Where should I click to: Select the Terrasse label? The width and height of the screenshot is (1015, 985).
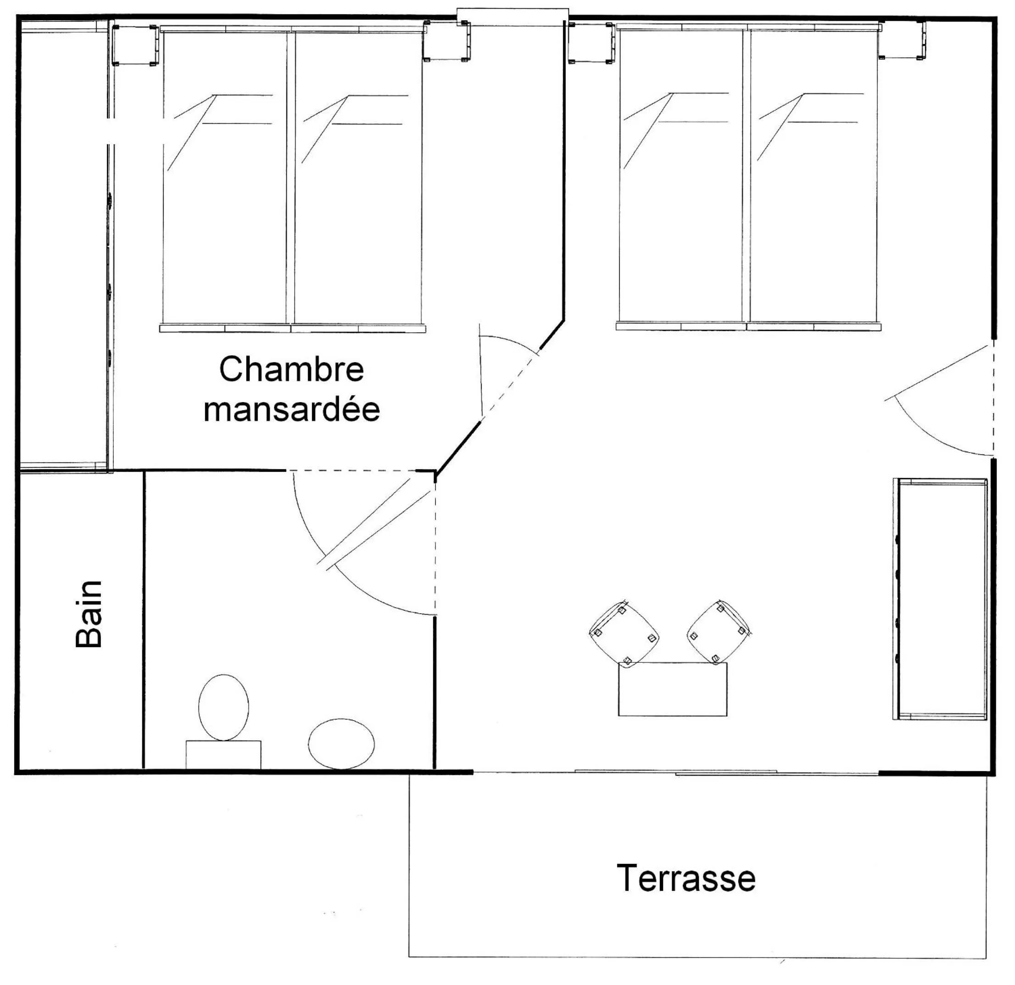[x=686, y=879]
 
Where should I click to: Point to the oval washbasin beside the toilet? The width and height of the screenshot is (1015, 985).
[x=341, y=744]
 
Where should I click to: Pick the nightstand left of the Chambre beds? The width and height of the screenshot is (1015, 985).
[x=134, y=45]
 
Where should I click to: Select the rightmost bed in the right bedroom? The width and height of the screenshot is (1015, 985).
[x=813, y=176]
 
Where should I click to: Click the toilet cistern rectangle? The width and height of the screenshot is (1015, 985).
[x=223, y=755]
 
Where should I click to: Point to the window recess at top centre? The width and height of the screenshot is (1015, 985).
[x=512, y=15]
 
